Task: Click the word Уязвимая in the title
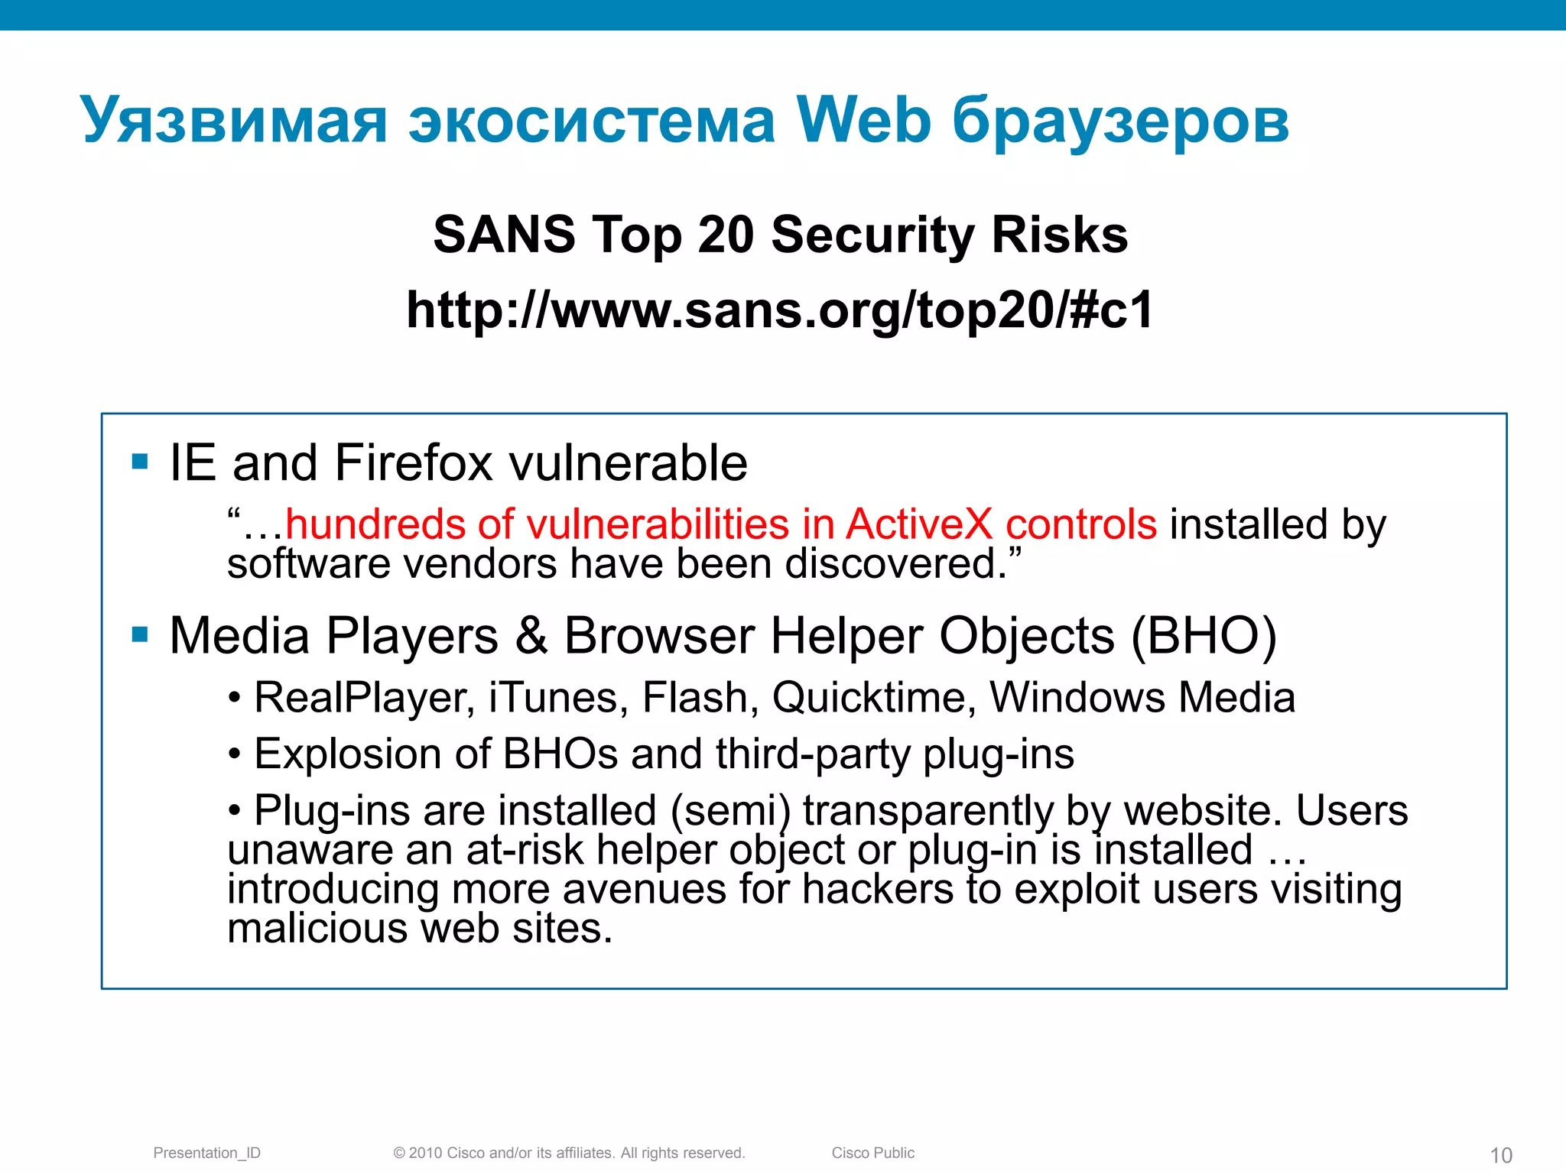click(x=234, y=121)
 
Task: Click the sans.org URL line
click(x=779, y=310)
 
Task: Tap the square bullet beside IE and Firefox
click(x=140, y=461)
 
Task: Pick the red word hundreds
click(x=375, y=524)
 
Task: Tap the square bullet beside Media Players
click(x=140, y=634)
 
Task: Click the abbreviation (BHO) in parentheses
click(x=1204, y=636)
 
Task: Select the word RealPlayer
click(x=362, y=698)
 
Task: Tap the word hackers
click(x=877, y=890)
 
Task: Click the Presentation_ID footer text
click(x=206, y=1153)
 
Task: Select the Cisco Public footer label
click(x=872, y=1153)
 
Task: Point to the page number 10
click(x=1501, y=1155)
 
